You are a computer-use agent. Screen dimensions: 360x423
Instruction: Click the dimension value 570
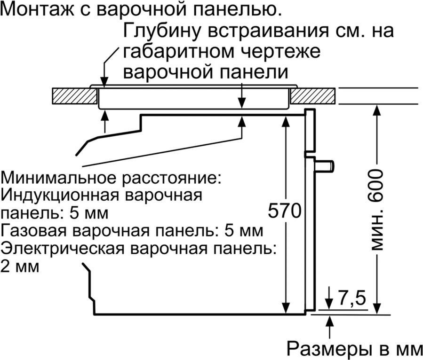pyautogui.click(x=284, y=211)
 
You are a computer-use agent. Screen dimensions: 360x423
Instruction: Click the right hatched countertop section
pyautogui.click(x=312, y=96)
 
